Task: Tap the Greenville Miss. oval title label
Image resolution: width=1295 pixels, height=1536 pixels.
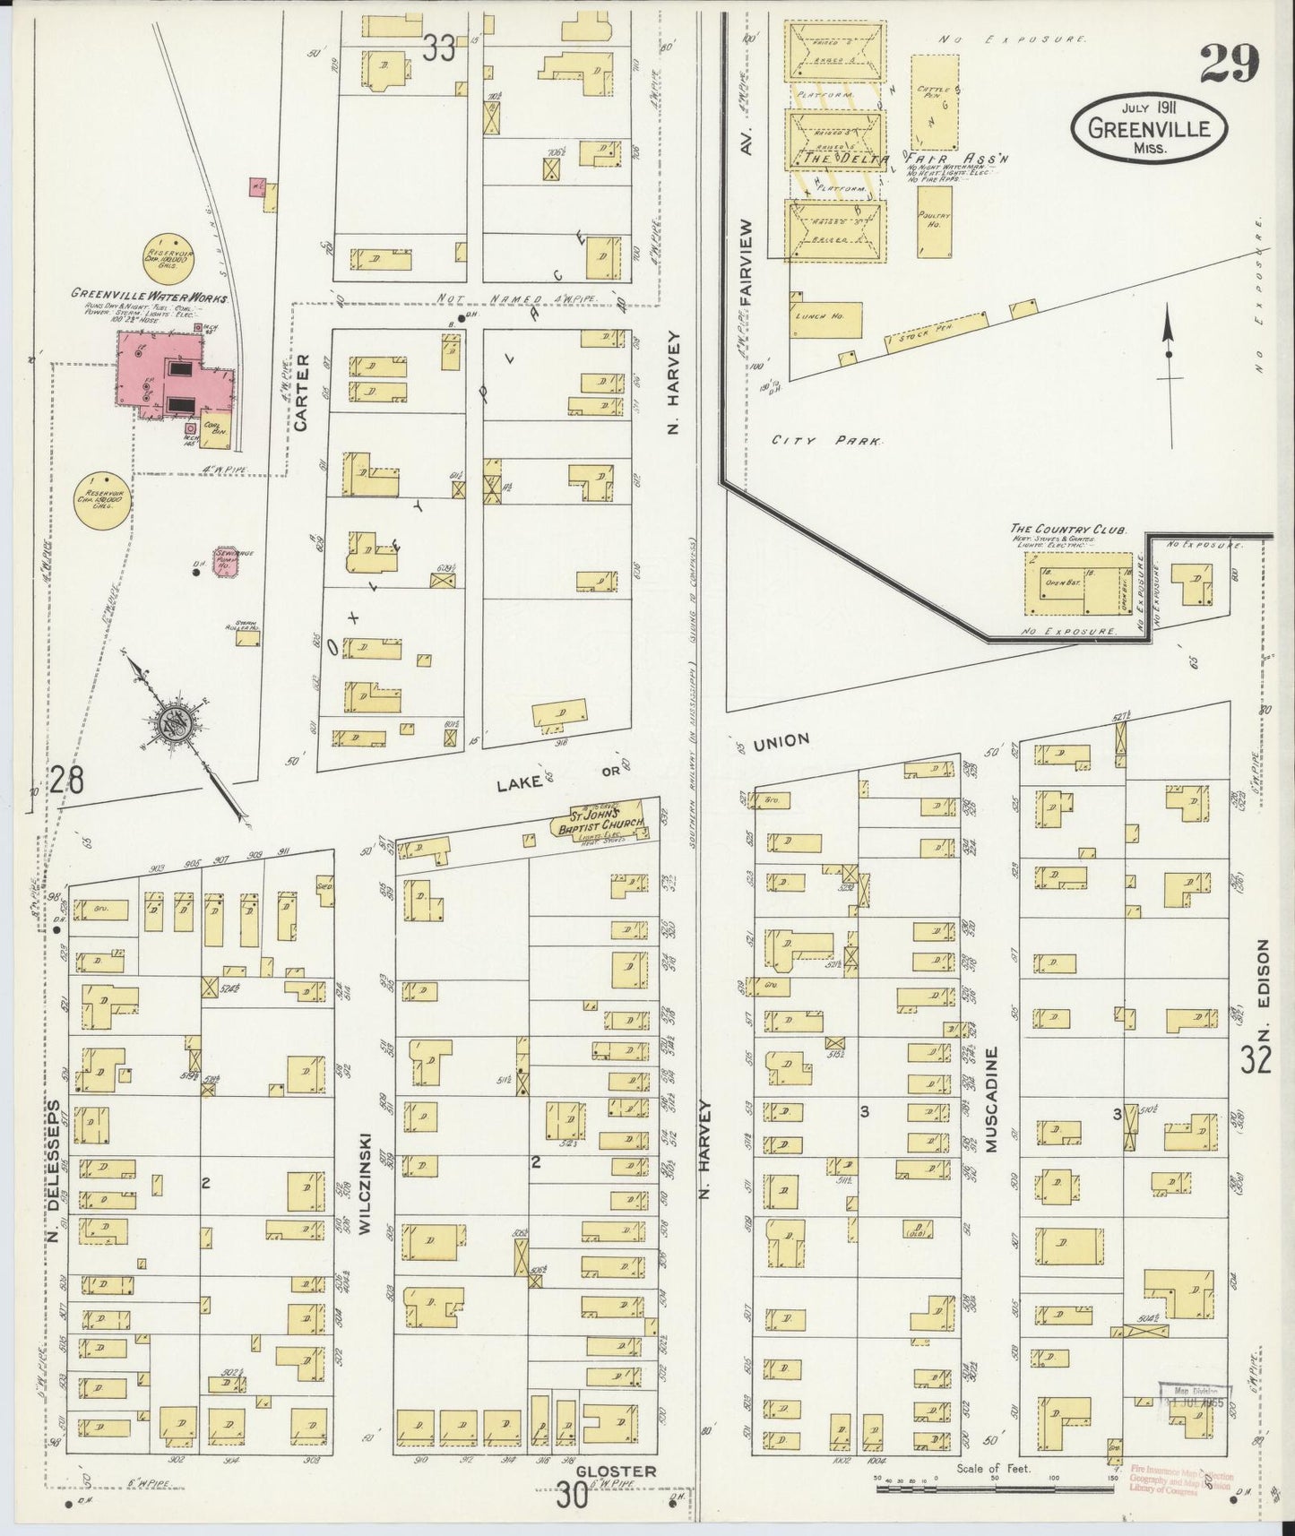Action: tap(1148, 130)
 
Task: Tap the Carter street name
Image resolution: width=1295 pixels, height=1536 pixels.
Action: tap(302, 393)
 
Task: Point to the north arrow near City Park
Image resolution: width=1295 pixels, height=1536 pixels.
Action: tap(1169, 376)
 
